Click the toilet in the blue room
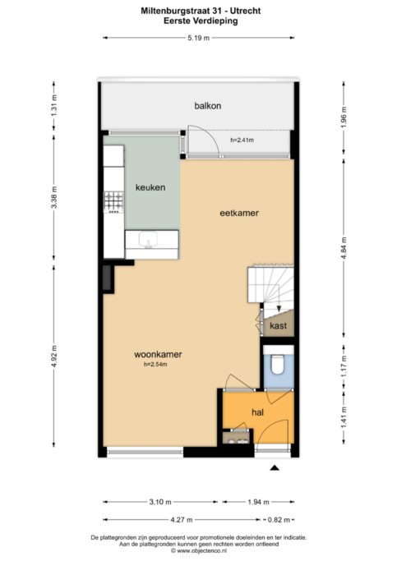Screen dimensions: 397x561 278,363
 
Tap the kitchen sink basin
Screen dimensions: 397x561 148,240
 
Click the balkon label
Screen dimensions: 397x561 208,106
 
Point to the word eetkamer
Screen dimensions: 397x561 238,213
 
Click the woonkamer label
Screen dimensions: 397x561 158,355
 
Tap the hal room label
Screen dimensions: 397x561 257,412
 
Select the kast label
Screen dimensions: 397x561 278,325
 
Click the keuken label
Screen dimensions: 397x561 150,187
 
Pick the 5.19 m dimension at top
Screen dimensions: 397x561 199,38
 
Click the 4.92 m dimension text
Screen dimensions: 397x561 54,356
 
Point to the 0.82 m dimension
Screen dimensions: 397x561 279,520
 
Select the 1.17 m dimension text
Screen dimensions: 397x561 344,366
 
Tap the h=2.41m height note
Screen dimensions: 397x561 242,140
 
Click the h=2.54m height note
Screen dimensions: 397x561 155,365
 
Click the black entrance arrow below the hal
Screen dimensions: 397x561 275,467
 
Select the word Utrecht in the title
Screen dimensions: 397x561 247,11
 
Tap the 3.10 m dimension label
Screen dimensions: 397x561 160,502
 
